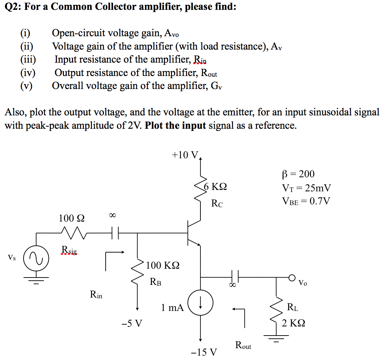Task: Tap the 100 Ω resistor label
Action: click(71, 218)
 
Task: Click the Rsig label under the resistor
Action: click(69, 250)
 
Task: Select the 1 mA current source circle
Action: click(200, 303)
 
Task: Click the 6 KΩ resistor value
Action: click(215, 186)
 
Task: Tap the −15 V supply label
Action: click(204, 352)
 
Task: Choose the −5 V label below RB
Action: click(132, 323)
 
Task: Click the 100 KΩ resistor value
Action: click(163, 265)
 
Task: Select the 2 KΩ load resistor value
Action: click(293, 323)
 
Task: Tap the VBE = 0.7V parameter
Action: click(306, 201)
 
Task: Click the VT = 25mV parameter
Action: click(306, 187)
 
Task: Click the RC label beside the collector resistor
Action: click(217, 203)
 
